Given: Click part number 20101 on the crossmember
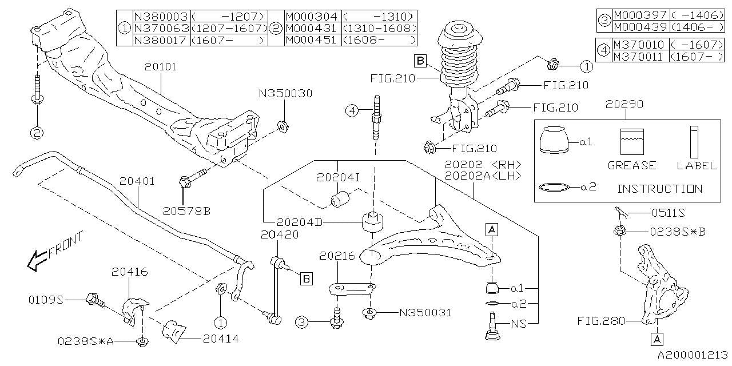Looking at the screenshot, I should point(160,67).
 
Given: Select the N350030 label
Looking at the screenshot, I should point(285,93).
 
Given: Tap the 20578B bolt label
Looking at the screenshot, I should point(186,211).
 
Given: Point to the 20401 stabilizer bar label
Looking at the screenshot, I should point(137,181).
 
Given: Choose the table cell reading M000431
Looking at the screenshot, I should point(312,28).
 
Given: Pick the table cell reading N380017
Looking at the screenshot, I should point(160,40).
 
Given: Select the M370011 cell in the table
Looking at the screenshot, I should point(639,57).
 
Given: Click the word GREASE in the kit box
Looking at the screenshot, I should point(632,165).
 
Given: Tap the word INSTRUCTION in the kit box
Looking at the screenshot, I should point(659,189).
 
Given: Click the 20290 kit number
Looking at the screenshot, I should point(625,105).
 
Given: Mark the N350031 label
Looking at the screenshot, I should point(425,313).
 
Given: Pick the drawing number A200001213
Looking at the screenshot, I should point(691,355).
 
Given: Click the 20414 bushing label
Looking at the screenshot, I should point(220,339).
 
